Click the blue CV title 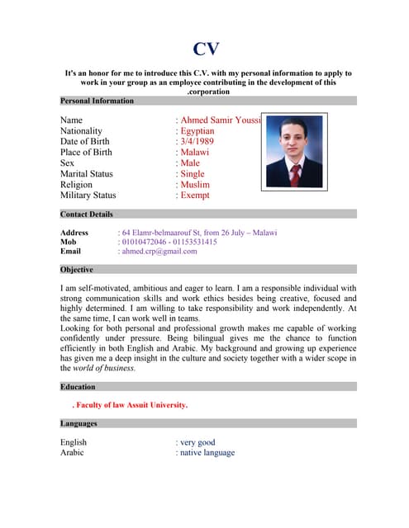click(x=207, y=49)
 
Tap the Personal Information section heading click(x=97, y=101)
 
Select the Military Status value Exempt click(x=194, y=196)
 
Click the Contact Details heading click(x=87, y=214)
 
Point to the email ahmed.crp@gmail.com click(x=159, y=252)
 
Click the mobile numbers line click(x=169, y=243)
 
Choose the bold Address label click(x=74, y=233)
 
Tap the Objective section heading click(x=77, y=270)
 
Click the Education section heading click(x=78, y=386)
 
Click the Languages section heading click(x=79, y=424)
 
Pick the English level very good click(x=197, y=442)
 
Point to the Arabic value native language click(x=207, y=453)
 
